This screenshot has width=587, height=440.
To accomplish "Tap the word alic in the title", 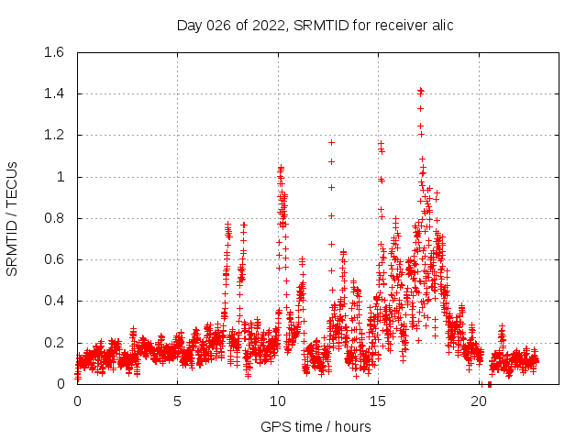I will [x=439, y=25].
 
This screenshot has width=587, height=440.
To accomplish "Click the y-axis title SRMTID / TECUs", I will [x=13, y=218].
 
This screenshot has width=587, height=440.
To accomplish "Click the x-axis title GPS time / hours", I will [x=316, y=426].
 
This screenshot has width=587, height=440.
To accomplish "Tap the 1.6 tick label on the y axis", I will [x=53, y=52].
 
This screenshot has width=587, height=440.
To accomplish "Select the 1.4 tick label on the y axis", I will [x=53, y=93].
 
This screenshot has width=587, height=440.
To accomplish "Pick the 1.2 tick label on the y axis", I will [x=53, y=135].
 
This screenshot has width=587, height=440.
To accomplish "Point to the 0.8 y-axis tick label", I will [x=53, y=218].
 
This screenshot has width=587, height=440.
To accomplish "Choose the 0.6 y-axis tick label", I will [x=53, y=259].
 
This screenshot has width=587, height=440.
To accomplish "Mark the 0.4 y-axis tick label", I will [x=53, y=301].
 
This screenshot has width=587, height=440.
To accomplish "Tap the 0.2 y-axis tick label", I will [x=53, y=343].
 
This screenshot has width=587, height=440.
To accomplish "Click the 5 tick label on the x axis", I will [x=178, y=401].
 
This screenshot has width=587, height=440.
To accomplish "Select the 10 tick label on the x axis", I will [x=278, y=401].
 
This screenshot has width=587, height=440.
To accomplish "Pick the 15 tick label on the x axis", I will [x=379, y=401].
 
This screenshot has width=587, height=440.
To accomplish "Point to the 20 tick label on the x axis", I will [x=480, y=401].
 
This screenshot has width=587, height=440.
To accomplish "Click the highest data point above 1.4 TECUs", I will [x=420, y=91].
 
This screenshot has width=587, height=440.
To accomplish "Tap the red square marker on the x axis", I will [x=489, y=384].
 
